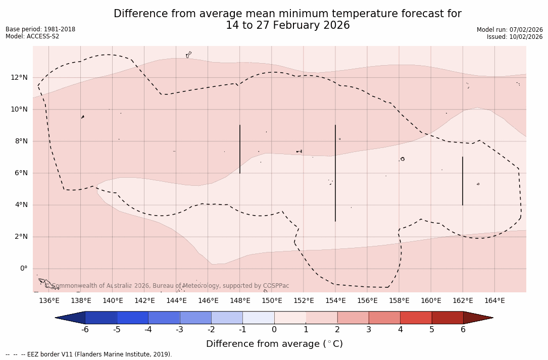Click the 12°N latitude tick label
click(17, 77)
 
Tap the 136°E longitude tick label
click(49, 301)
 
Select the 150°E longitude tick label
click(272, 301)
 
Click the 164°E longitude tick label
click(494, 301)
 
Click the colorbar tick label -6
click(85, 330)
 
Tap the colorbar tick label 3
click(369, 330)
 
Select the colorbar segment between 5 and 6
click(447, 318)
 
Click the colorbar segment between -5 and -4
click(132, 318)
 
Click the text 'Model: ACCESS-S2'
click(32, 36)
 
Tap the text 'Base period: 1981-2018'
click(40, 29)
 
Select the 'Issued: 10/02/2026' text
click(515, 37)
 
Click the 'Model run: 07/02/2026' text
click(510, 30)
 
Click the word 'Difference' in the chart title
click(139, 14)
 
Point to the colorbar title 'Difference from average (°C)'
click(274, 344)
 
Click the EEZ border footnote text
click(89, 354)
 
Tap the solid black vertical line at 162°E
click(463, 181)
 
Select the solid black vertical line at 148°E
click(240, 149)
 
